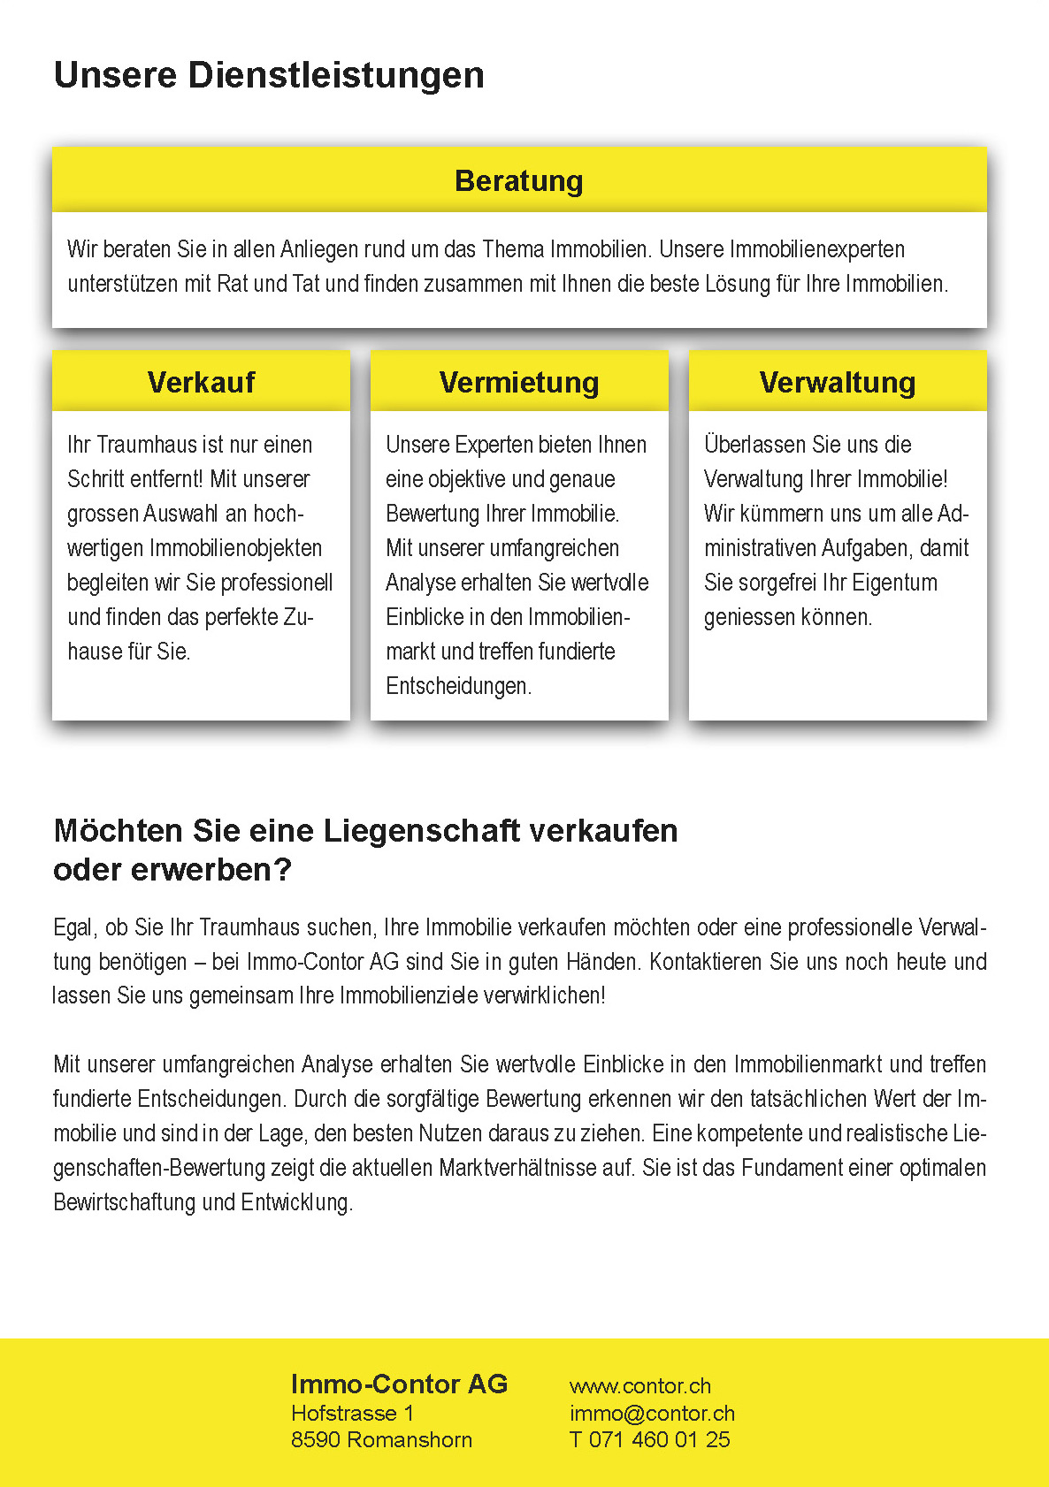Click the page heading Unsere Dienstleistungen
pyautogui.click(x=269, y=75)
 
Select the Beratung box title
pyautogui.click(x=519, y=181)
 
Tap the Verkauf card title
pyautogui.click(x=201, y=382)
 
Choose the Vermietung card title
pyautogui.click(x=519, y=382)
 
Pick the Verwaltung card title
pyautogui.click(x=837, y=382)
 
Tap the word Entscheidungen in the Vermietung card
pyautogui.click(x=458, y=686)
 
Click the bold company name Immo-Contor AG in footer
pyautogui.click(x=399, y=1384)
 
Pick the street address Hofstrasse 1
pyautogui.click(x=352, y=1413)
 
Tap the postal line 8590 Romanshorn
pyautogui.click(x=381, y=1439)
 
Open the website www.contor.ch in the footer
pyautogui.click(x=640, y=1386)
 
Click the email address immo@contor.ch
pyautogui.click(x=652, y=1413)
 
